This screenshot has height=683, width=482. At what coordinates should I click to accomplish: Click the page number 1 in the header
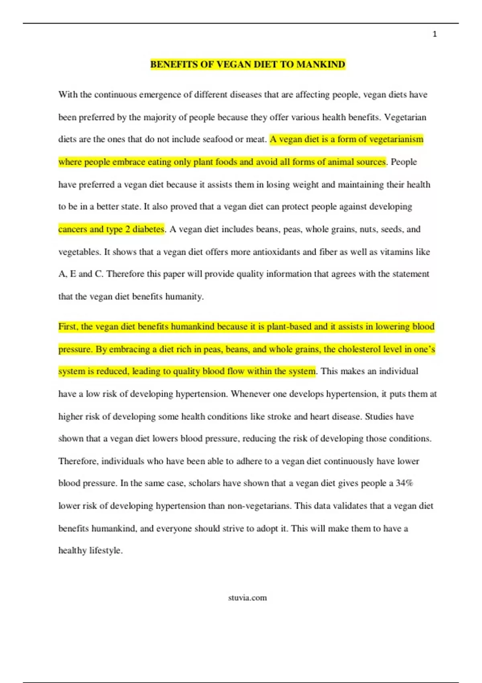(x=435, y=35)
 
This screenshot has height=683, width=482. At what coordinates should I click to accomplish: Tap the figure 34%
(x=404, y=483)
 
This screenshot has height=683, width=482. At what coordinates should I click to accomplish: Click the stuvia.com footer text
(x=247, y=598)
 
